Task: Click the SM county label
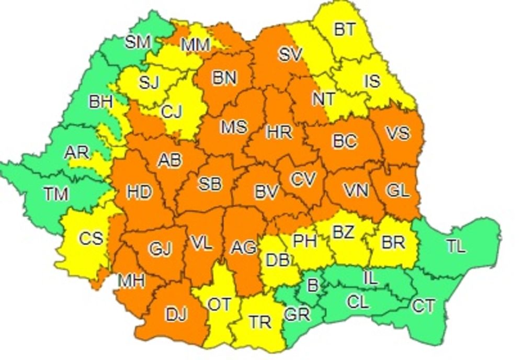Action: (138, 42)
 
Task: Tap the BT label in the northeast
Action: (345, 30)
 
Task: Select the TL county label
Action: (456, 246)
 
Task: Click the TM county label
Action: (56, 194)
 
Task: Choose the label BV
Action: (266, 192)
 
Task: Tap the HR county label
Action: (279, 132)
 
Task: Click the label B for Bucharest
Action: (312, 286)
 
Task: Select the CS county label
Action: (91, 239)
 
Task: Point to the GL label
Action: (397, 191)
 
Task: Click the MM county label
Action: (196, 46)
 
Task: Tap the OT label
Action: (219, 304)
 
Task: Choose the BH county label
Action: (100, 102)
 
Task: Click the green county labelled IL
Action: (370, 278)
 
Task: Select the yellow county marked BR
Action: (393, 243)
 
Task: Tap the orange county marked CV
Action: (304, 180)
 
